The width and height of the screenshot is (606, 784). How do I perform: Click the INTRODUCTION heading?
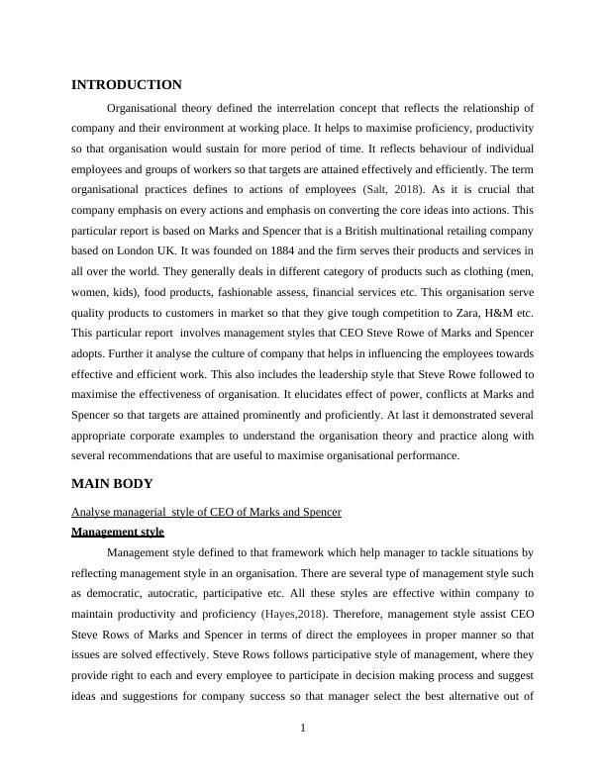coord(127,85)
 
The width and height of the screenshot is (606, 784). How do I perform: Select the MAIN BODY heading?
coord(113,484)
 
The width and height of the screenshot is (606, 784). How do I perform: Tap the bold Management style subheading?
coord(118,532)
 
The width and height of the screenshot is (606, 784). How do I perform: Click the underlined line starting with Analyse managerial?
coord(206,512)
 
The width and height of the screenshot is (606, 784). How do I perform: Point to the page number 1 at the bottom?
coord(303,729)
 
